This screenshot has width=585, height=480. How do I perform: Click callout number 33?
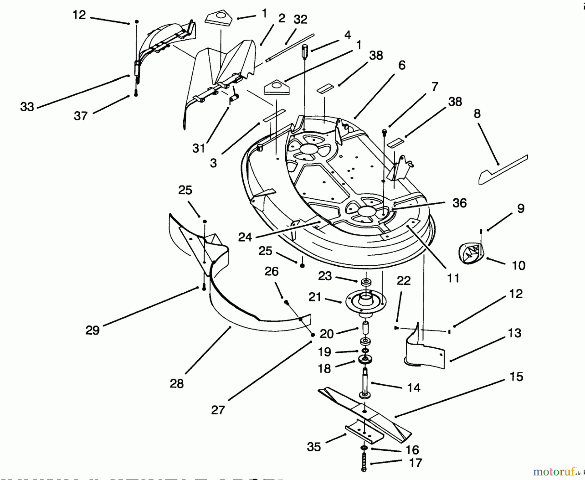tap(27, 107)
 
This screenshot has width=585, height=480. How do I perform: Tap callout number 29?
tap(92, 330)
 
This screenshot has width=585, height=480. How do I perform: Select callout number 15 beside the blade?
tap(516, 377)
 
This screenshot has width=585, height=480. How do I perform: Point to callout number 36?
tap(459, 203)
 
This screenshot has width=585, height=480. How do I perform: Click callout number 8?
tap(477, 114)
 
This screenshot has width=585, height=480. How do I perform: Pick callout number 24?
tap(245, 237)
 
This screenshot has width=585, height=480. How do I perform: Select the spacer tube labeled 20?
tap(365, 328)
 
